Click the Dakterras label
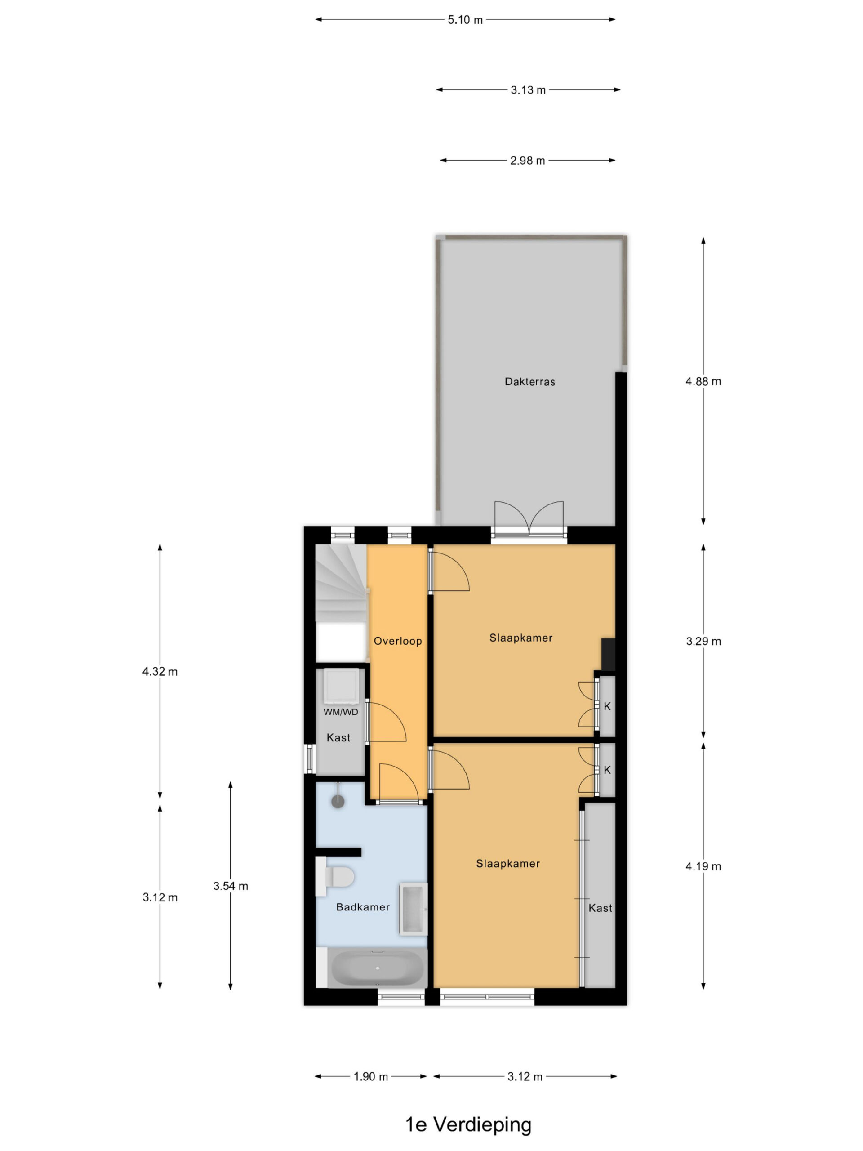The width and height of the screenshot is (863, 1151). click(x=529, y=381)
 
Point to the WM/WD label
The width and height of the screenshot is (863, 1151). click(x=341, y=712)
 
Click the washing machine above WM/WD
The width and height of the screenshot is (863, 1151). click(x=341, y=685)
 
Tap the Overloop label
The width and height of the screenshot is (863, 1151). click(x=398, y=641)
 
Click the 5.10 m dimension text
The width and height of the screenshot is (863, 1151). click(x=465, y=20)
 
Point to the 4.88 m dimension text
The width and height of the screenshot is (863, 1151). click(x=703, y=381)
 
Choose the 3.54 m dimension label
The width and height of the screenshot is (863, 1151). click(x=231, y=886)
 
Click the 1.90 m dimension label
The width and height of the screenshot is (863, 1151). click(x=371, y=1077)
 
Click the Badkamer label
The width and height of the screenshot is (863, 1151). click(x=363, y=907)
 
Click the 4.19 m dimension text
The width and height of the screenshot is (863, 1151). click(x=703, y=866)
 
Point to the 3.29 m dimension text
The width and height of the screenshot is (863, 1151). click(x=703, y=641)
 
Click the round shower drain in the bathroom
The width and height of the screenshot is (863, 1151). click(x=338, y=801)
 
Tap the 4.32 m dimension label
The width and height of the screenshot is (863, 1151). click(x=160, y=672)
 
